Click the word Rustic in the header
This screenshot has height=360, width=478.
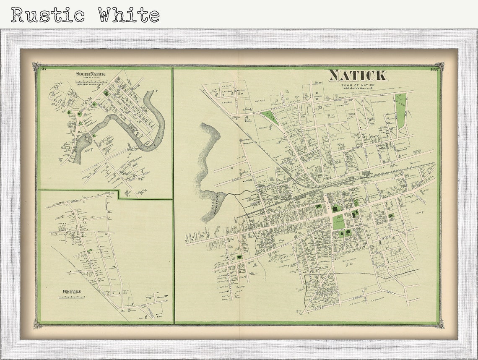pos(48,15)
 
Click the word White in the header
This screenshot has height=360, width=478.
pos(129,15)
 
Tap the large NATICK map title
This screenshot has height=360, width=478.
pos(357,76)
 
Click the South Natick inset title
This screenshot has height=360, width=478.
pos(91,74)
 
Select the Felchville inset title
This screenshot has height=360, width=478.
pos(70,291)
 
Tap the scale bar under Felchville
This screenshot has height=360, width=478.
pos(70,297)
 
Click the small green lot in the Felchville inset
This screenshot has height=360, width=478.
pos(89,250)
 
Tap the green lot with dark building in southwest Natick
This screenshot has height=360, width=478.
pos(239,256)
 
